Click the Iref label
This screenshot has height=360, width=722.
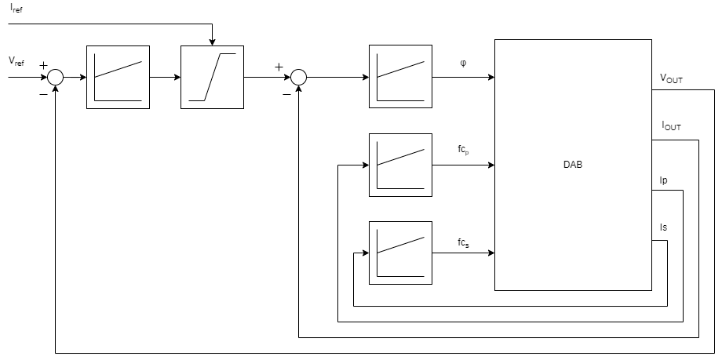click(x=16, y=9)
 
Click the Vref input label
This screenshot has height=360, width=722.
click(x=16, y=60)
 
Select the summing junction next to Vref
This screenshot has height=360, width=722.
click(x=55, y=77)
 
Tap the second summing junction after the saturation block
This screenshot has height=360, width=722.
click(x=298, y=77)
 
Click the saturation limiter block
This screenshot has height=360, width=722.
click(x=212, y=77)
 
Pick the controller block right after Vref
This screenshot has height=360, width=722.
click(x=118, y=77)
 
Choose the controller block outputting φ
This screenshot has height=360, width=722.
click(x=400, y=77)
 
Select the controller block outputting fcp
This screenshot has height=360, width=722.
click(x=400, y=165)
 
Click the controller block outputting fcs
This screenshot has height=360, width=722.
click(x=400, y=253)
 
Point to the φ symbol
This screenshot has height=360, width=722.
click(x=463, y=64)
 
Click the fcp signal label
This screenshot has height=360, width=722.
click(x=464, y=150)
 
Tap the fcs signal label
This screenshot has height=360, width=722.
click(x=464, y=243)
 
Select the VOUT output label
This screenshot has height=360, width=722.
click(x=672, y=78)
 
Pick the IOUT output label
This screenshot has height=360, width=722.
click(x=672, y=125)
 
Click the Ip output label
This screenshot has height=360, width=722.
click(x=664, y=180)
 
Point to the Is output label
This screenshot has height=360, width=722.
click(x=664, y=228)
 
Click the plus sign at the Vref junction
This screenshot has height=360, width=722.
click(x=43, y=66)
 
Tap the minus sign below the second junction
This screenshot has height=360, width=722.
click(x=286, y=95)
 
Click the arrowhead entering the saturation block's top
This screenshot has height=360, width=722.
click(x=212, y=42)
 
